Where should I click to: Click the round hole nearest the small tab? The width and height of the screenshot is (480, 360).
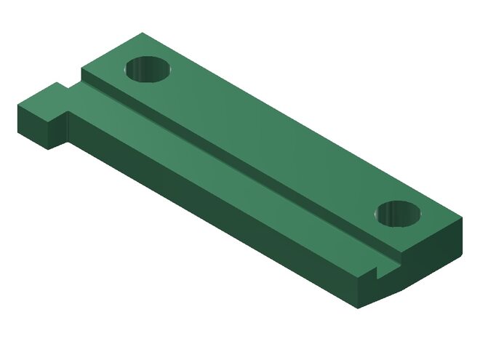(148, 71)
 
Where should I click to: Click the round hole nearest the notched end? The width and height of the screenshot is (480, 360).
(399, 213)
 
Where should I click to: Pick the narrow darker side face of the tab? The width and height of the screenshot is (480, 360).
(60, 129)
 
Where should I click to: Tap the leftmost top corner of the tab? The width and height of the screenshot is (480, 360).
(17, 104)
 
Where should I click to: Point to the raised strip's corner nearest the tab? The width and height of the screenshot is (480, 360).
(81, 70)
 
